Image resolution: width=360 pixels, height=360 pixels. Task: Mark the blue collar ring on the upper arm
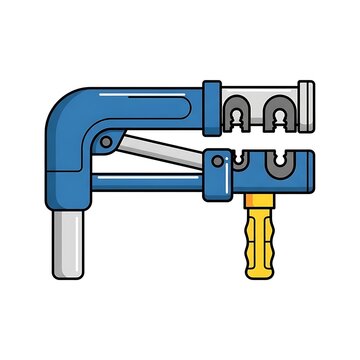coord(211,106)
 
